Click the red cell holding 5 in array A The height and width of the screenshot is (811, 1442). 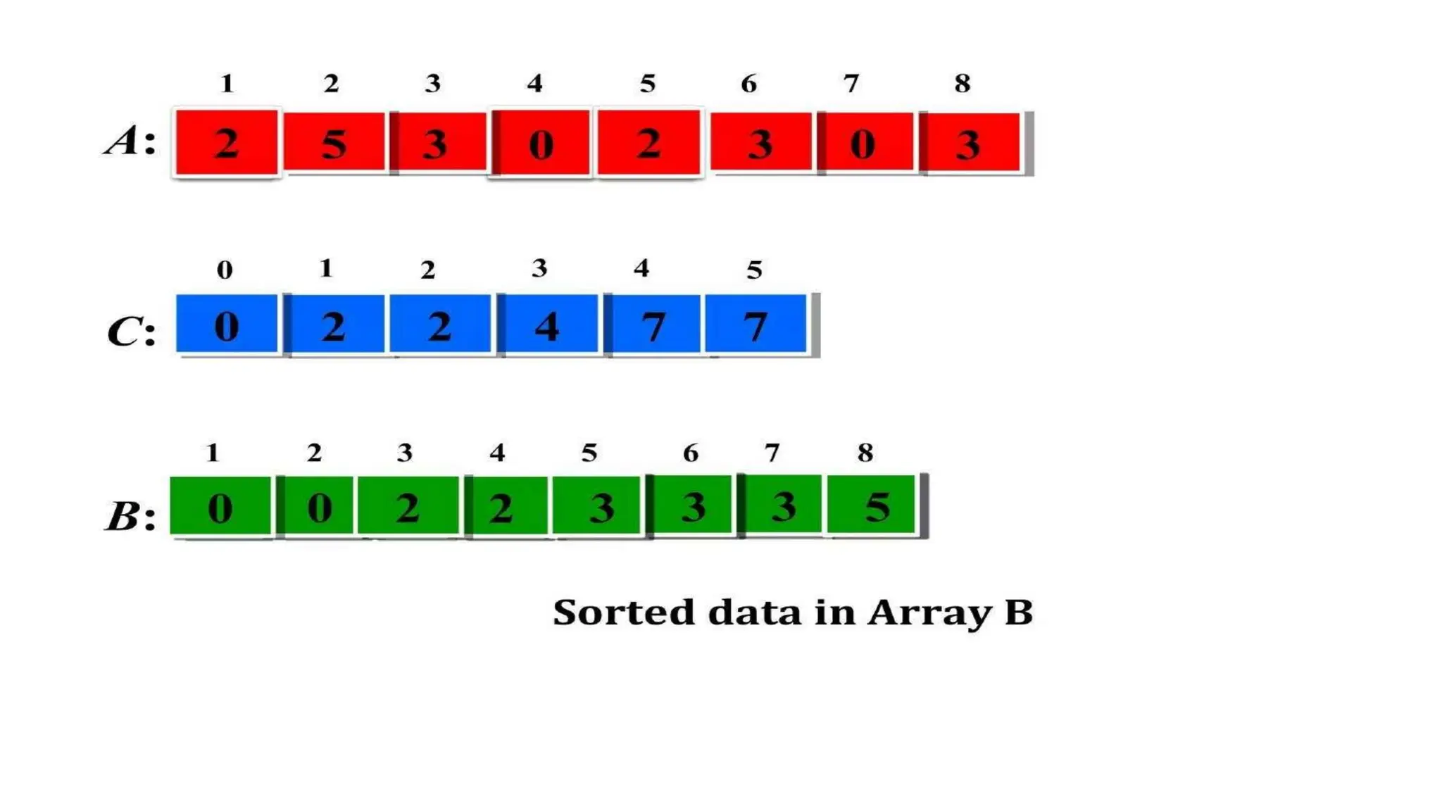pos(334,142)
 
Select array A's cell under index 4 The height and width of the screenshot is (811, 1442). pos(541,142)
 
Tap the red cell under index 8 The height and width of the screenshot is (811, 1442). pos(970,143)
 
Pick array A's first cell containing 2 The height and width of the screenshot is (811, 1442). pos(226,142)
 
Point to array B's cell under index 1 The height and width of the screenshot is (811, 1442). pos(220,506)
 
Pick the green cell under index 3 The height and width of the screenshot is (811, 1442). pos(408,506)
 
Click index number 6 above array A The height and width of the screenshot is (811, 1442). pos(748,84)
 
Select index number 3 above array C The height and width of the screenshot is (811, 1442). pos(539,268)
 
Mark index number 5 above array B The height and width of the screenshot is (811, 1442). pos(589,453)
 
